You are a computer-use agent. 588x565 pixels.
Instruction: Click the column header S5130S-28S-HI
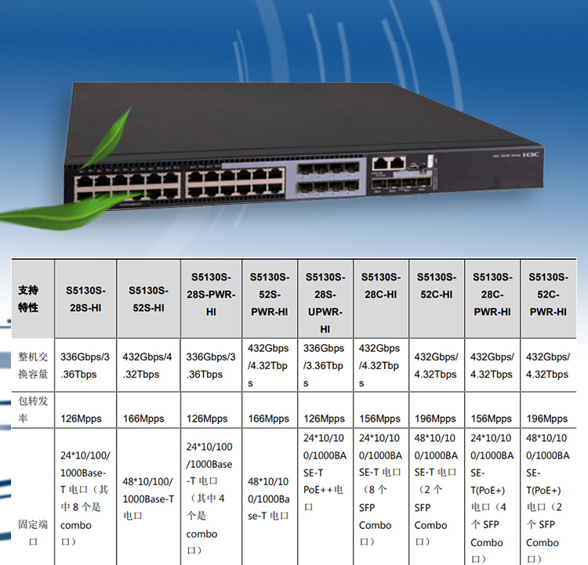pos(85,299)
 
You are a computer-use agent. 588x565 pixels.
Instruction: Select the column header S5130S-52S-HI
pos(148,299)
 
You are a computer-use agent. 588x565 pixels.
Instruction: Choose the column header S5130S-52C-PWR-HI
pos(548,294)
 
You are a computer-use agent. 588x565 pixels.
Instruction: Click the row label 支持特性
pos(28,299)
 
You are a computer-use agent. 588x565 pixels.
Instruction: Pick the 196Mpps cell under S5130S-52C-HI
pos(436,419)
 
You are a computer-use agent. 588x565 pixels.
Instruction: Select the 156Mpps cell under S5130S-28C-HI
pos(380,419)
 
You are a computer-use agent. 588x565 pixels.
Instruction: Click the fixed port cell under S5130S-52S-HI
pos(148,499)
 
